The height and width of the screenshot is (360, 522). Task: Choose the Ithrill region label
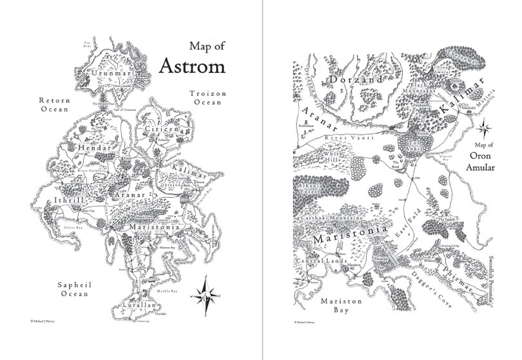click(x=72, y=191)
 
